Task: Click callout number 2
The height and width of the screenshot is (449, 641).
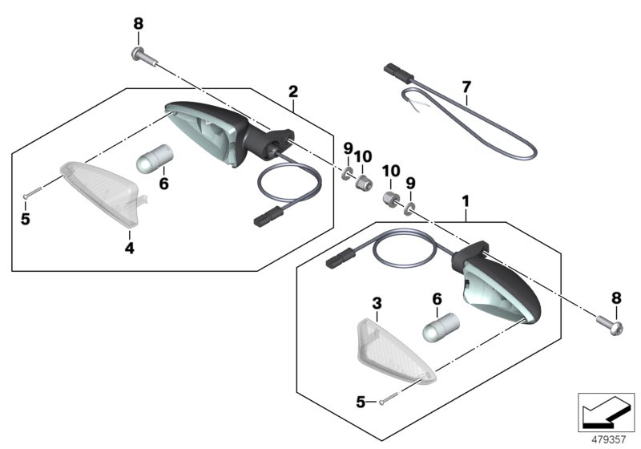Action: pyautogui.click(x=293, y=92)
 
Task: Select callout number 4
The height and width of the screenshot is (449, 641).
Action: pyautogui.click(x=129, y=249)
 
